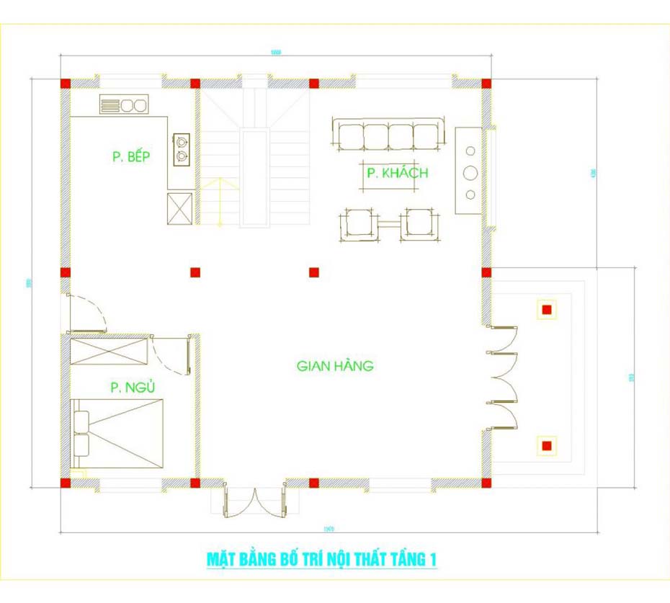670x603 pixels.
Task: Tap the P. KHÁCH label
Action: click(x=397, y=174)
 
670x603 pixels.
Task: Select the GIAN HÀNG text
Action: click(x=335, y=366)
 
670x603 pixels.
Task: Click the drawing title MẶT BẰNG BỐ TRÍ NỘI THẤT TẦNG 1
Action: click(x=322, y=559)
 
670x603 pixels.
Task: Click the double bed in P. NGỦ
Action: click(x=118, y=433)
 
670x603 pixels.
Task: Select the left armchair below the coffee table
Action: click(x=359, y=223)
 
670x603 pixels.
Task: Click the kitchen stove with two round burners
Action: click(x=124, y=105)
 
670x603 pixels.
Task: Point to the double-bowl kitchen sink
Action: click(x=182, y=149)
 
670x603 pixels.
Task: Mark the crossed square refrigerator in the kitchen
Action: click(x=181, y=208)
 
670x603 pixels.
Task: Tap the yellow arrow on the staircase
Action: click(x=219, y=202)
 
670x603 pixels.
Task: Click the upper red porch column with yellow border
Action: click(x=547, y=310)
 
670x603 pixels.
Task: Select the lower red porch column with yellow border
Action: click(x=547, y=446)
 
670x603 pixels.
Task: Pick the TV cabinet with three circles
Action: click(x=469, y=172)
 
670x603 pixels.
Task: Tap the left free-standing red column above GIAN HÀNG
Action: click(x=195, y=272)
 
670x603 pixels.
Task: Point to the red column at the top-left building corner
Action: click(x=65, y=84)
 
